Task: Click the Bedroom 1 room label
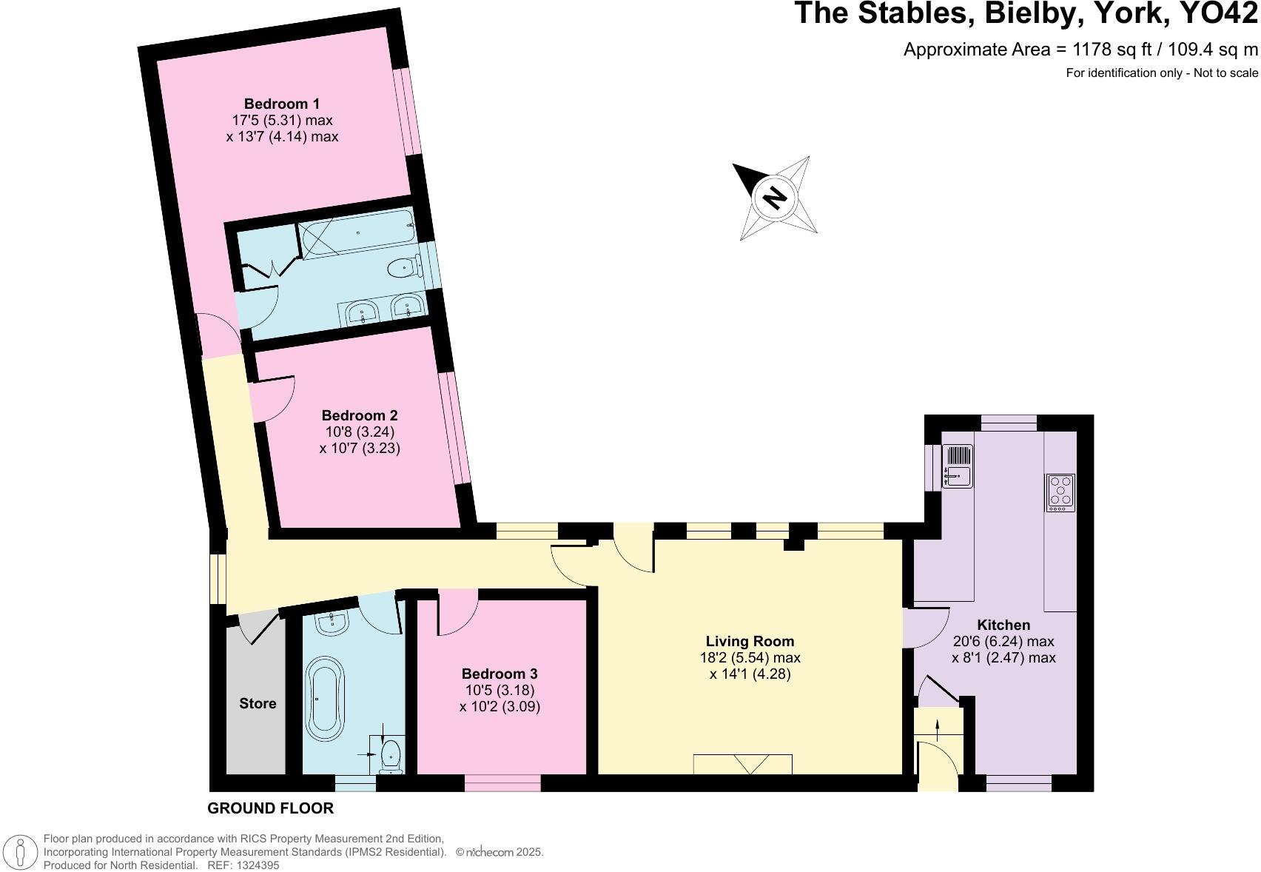[x=282, y=104]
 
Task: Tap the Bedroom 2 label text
[x=359, y=416]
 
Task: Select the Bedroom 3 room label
[x=500, y=674]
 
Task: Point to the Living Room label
[x=750, y=641]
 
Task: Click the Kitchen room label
[x=1003, y=626]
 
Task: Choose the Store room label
[x=258, y=703]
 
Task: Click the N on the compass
[x=775, y=198]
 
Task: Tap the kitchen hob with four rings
[x=1060, y=492]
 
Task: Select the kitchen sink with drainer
[x=958, y=466]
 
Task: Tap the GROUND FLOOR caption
[x=270, y=808]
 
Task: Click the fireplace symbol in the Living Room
[x=742, y=765]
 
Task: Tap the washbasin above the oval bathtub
[x=332, y=623]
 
